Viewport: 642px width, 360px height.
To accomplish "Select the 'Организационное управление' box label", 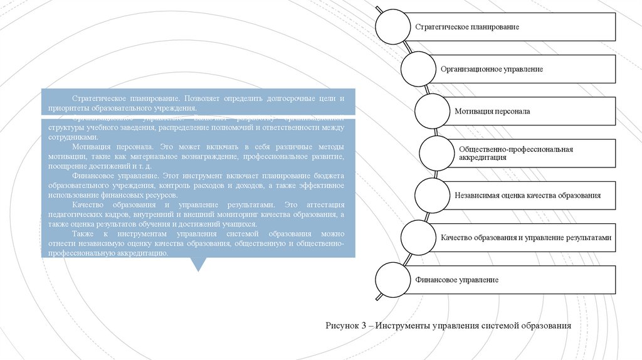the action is click(x=491, y=69).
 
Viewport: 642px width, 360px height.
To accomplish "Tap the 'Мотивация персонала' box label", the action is click(x=492, y=111).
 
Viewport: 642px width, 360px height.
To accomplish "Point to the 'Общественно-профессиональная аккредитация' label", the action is click(x=516, y=154).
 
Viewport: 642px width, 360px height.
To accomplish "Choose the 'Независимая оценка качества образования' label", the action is click(x=528, y=195).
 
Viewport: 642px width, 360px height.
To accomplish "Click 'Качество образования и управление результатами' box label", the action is click(x=525, y=238).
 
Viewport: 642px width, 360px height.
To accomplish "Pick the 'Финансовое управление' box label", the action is click(x=456, y=280).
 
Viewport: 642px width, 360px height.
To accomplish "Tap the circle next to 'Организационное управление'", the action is click(x=418, y=69).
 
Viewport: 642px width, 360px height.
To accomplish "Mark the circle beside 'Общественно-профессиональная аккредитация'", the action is click(x=439, y=154).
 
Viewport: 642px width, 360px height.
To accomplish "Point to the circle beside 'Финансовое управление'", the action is click(x=394, y=280).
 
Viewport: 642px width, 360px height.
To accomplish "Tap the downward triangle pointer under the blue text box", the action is click(x=198, y=264).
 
